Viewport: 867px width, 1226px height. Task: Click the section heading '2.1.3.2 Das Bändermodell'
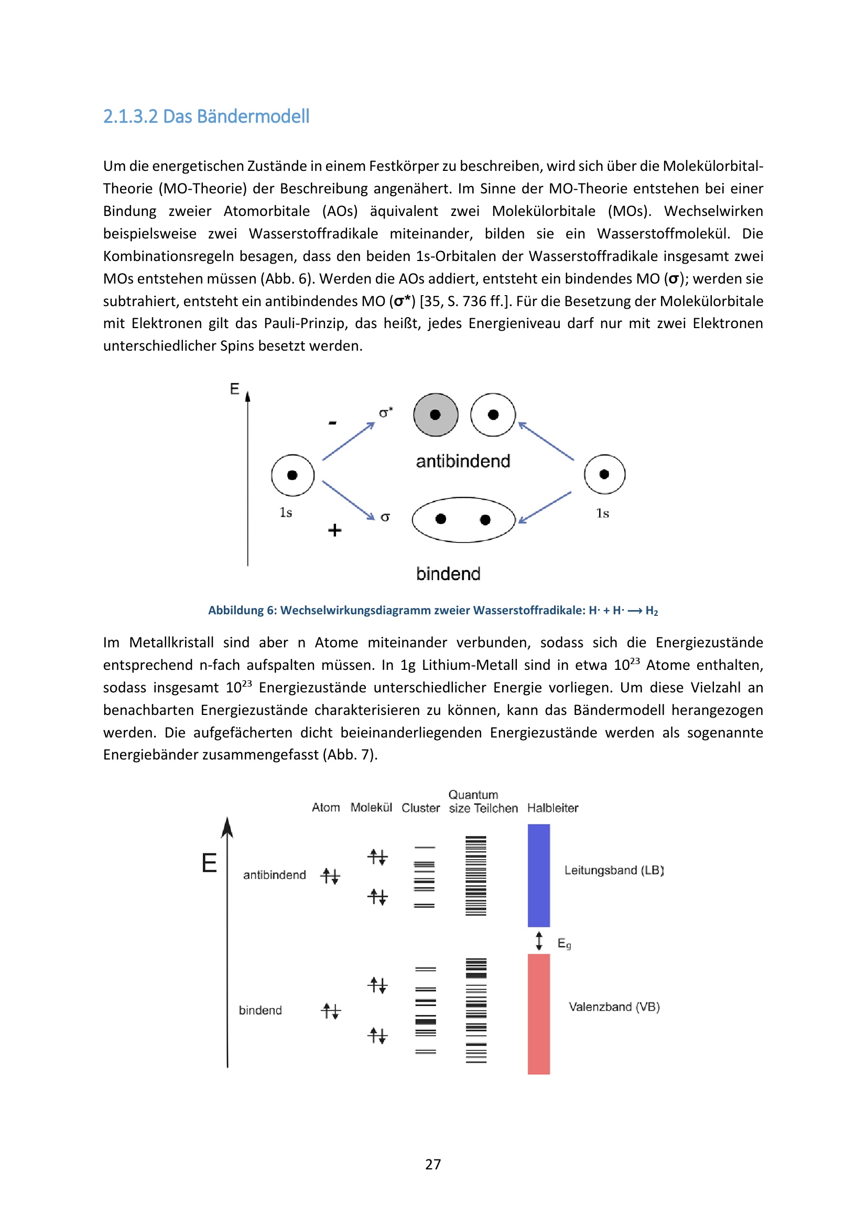(x=206, y=116)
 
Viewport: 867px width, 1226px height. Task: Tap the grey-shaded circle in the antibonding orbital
(x=436, y=415)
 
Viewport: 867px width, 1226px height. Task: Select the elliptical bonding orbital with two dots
(x=463, y=519)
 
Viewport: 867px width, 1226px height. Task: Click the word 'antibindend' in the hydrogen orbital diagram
(x=463, y=461)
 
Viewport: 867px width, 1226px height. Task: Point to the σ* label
(x=385, y=413)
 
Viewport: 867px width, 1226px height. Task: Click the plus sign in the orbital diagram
(x=335, y=530)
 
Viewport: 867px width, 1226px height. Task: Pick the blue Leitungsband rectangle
(x=539, y=875)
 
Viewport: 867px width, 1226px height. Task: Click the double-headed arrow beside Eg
(x=539, y=941)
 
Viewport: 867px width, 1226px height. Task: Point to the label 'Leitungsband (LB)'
(x=614, y=871)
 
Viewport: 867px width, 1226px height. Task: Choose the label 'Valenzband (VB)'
(x=614, y=1007)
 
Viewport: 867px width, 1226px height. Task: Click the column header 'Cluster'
(x=421, y=808)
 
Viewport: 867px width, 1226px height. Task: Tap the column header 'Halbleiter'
(x=552, y=808)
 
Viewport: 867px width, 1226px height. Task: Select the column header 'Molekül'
(x=371, y=807)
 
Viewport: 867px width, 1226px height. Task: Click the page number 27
(x=433, y=1164)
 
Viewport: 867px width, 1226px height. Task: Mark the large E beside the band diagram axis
(x=209, y=863)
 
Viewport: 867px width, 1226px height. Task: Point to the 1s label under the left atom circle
(x=286, y=513)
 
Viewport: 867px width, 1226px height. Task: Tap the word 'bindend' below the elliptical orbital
(x=449, y=574)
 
